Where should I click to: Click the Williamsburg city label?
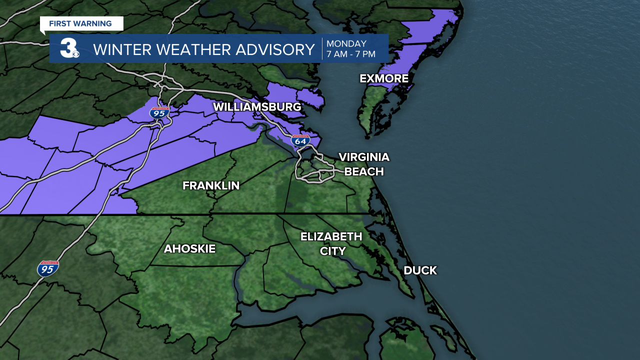pyautogui.click(x=257, y=107)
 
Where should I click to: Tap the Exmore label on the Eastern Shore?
pyautogui.click(x=384, y=78)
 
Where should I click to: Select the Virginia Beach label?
pyautogui.click(x=364, y=164)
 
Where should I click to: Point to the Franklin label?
pyautogui.click(x=211, y=185)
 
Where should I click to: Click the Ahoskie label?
pyautogui.click(x=189, y=248)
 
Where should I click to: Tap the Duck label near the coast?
pyautogui.click(x=420, y=270)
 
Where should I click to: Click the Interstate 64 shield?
pyautogui.click(x=300, y=140)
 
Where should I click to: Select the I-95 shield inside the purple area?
pyautogui.click(x=159, y=112)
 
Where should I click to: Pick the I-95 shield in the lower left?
pyautogui.click(x=47, y=268)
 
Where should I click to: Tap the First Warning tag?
pyautogui.click(x=80, y=23)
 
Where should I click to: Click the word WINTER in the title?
pyautogui.click(x=118, y=49)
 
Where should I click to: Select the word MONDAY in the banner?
pyautogui.click(x=346, y=43)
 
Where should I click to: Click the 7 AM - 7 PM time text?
pyautogui.click(x=350, y=54)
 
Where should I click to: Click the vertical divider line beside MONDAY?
pyautogui.click(x=321, y=48)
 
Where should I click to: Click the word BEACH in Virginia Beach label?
pyautogui.click(x=364, y=171)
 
